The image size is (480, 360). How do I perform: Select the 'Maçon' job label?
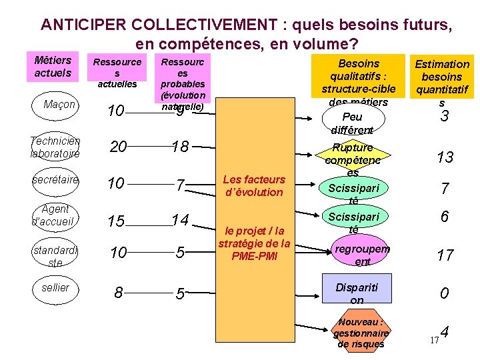click(x=59, y=105)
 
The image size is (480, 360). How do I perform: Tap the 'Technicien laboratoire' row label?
click(x=55, y=147)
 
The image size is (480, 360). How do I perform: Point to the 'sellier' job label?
click(x=55, y=287)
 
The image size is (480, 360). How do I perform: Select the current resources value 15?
click(x=117, y=221)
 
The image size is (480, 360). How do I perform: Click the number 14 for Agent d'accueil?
click(x=180, y=219)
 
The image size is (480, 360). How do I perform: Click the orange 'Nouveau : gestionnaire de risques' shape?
click(x=360, y=331)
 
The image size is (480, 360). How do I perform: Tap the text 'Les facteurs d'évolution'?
click(x=253, y=185)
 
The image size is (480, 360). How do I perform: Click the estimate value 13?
click(x=445, y=157)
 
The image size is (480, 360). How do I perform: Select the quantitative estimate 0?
click(x=443, y=293)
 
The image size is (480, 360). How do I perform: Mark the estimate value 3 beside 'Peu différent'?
click(x=443, y=117)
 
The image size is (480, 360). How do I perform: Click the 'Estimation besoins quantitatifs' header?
click(x=442, y=79)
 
